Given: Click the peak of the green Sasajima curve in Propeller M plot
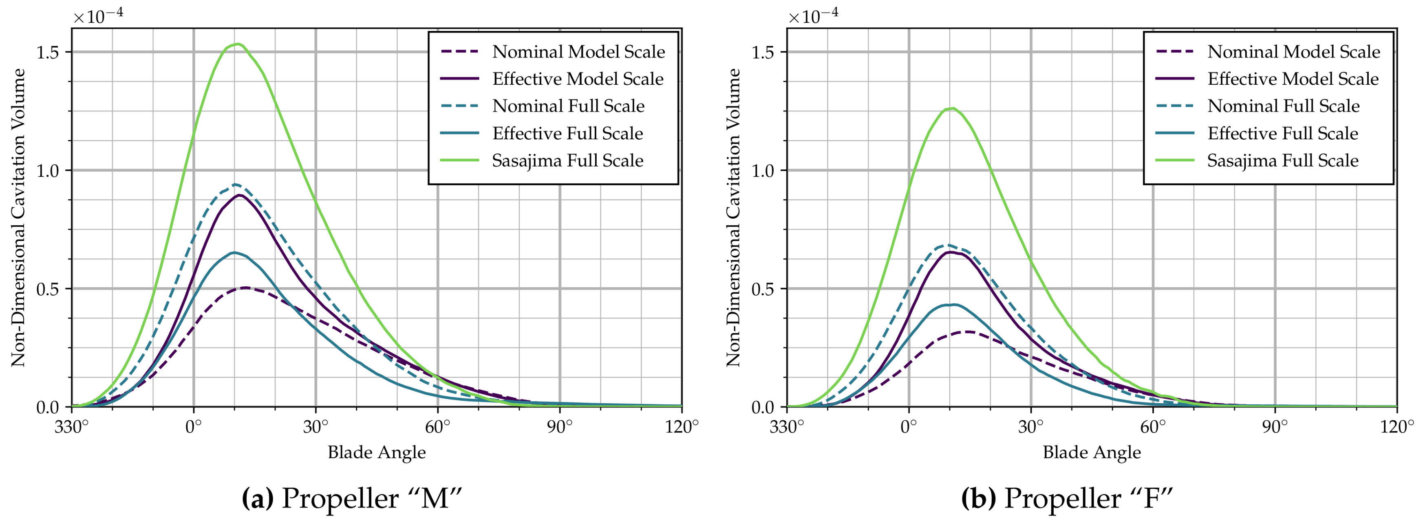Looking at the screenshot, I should click(238, 44).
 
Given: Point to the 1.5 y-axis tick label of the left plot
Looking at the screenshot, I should click(48, 53).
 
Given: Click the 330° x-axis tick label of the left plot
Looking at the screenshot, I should click(71, 426).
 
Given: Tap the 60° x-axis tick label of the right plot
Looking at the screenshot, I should click(1153, 426).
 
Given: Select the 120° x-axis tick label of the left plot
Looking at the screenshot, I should click(681, 426).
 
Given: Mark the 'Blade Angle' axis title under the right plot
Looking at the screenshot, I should click(1092, 452).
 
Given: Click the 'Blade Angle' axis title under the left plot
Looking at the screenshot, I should click(377, 452).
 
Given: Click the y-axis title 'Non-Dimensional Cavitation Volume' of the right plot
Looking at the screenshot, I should click(733, 217).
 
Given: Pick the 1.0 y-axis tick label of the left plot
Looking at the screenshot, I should click(48, 171).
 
